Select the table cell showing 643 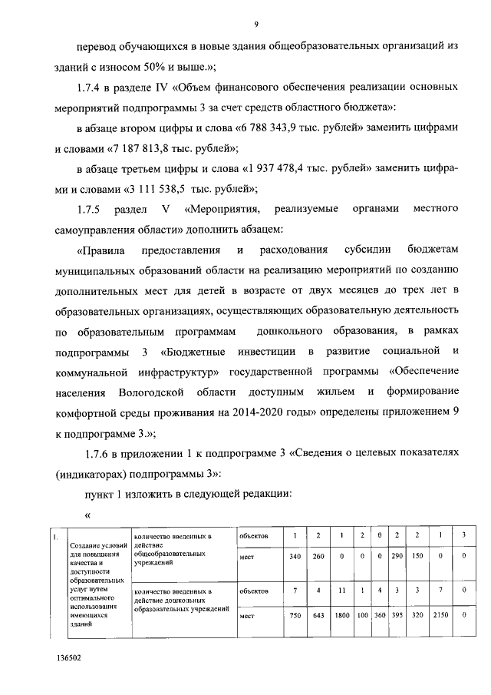[318, 615]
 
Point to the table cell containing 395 [397, 615]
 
